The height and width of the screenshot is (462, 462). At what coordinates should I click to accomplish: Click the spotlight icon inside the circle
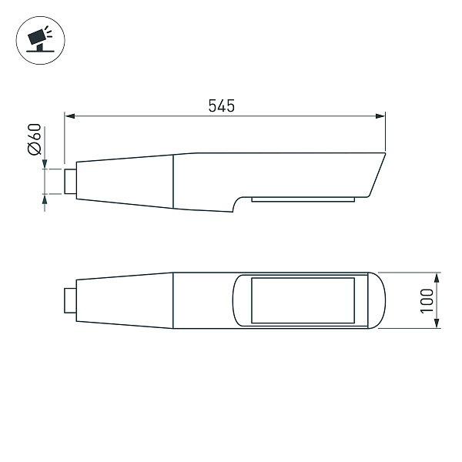(x=37, y=38)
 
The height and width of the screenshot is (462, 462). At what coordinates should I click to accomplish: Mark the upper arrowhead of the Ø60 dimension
(x=45, y=164)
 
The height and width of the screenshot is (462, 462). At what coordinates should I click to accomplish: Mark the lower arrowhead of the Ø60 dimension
(x=45, y=199)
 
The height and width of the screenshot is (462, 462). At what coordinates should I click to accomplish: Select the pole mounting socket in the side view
(x=70, y=181)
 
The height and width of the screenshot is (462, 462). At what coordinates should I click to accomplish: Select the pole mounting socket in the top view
(x=70, y=300)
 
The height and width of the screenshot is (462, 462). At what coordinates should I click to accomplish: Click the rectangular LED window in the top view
(x=303, y=300)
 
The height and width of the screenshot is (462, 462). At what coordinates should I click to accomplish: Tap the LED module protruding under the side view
(x=303, y=199)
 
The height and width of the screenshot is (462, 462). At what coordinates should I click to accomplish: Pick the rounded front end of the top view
(x=377, y=300)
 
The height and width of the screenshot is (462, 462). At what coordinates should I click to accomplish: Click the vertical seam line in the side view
(x=173, y=181)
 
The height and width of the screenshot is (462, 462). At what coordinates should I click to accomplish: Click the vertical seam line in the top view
(x=173, y=300)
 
